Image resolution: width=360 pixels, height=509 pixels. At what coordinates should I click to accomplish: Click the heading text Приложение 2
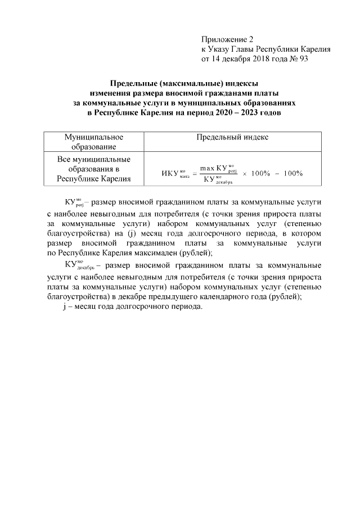[227, 39]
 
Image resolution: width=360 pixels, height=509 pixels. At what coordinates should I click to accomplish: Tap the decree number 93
[303, 58]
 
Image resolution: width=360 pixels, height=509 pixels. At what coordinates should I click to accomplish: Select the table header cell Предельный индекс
[232, 137]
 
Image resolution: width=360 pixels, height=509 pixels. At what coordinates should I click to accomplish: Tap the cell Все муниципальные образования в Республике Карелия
[93, 169]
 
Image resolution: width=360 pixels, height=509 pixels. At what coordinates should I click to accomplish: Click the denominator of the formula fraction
[217, 180]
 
